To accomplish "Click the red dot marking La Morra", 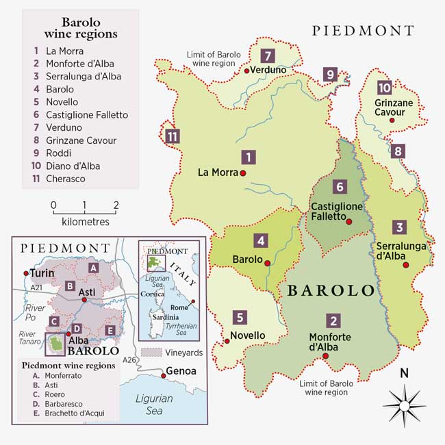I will point(243,174).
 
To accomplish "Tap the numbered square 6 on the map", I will point(339,186).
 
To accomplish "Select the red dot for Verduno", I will point(246,70).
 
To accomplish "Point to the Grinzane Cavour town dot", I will point(392,120).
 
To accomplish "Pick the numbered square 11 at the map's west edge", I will point(173,136).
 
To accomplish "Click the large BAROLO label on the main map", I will point(331,290).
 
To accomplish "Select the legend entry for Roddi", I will point(58,153).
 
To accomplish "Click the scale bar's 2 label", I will point(116,205).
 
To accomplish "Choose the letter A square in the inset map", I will point(93,268).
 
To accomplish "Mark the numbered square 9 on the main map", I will point(331,75).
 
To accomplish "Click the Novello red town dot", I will point(225,340).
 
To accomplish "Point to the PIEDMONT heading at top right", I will point(363,31).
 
